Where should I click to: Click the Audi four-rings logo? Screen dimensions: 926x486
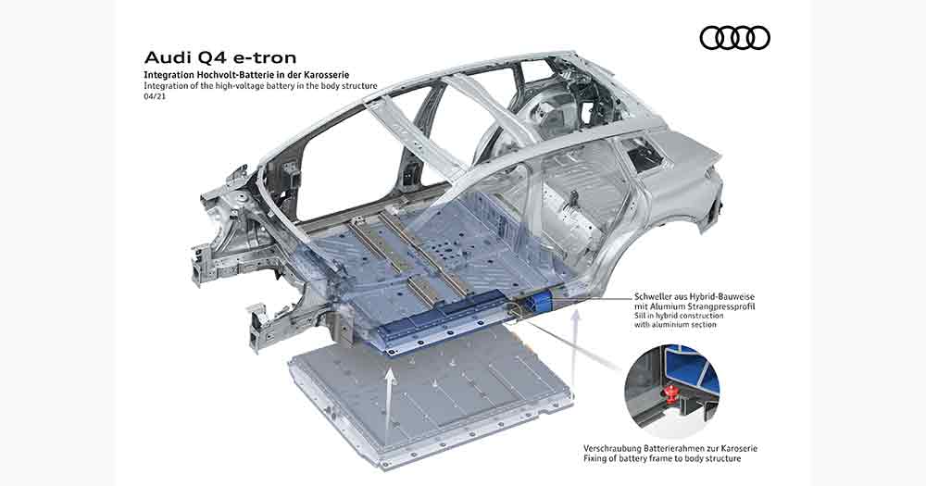pyautogui.click(x=734, y=38)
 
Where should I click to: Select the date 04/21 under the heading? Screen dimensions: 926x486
pyautogui.click(x=155, y=96)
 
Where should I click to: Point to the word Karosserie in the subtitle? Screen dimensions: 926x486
pyautogui.click(x=326, y=75)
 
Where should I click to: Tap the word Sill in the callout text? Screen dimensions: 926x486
pyautogui.click(x=640, y=316)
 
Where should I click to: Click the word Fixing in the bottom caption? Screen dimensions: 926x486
pyautogui.click(x=594, y=458)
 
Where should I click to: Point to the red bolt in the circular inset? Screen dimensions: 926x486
pyautogui.click(x=670, y=391)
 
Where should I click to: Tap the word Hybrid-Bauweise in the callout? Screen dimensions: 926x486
pyautogui.click(x=726, y=297)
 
